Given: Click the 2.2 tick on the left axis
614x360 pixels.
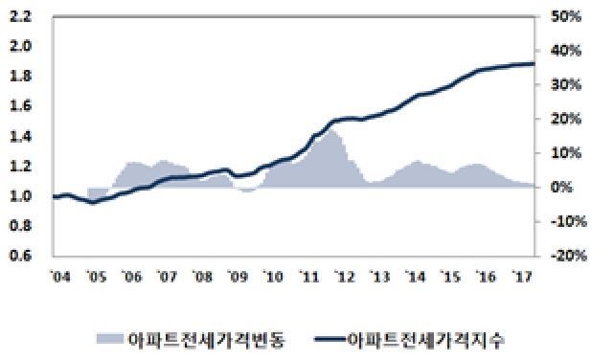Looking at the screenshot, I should tap(19, 16).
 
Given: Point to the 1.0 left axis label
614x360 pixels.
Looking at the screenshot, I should tap(19, 196).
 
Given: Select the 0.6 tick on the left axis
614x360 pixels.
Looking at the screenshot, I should tap(19, 257).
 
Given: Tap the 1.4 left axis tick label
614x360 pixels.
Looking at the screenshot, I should tap(19, 137).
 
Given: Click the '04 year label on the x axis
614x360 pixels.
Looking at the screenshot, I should tap(59, 278).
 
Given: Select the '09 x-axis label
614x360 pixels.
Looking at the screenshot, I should tap(236, 278).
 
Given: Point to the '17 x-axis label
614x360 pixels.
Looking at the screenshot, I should tap(524, 278).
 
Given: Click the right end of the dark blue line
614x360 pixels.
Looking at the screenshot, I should tap(533, 63).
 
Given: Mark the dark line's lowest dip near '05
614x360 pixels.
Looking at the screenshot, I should tap(91, 202).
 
